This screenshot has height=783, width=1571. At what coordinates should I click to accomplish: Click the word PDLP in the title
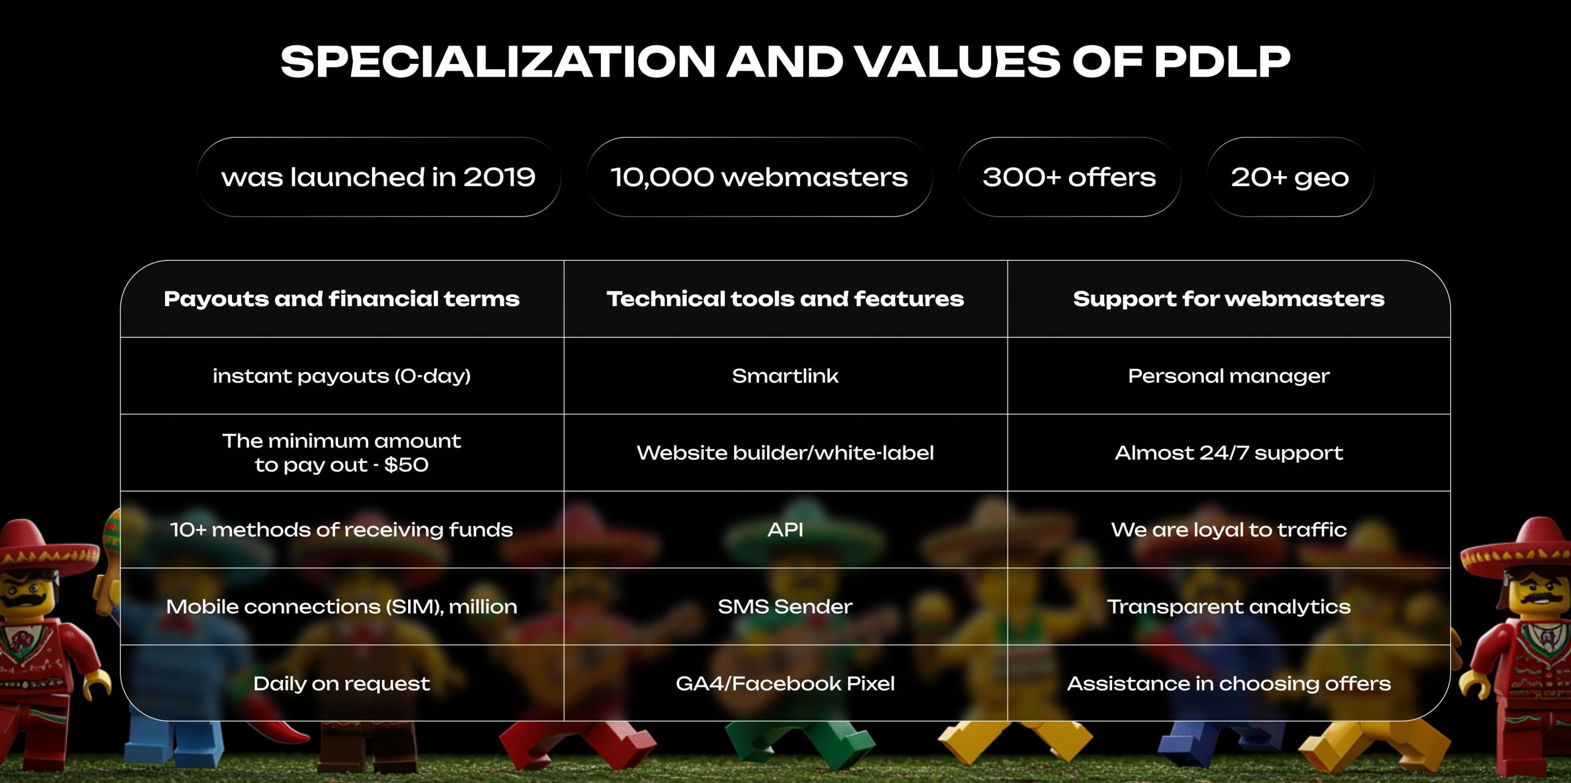pos(1222,62)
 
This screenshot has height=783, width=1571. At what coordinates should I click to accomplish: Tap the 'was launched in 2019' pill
pos(379,177)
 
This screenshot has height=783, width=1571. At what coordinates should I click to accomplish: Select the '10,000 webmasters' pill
pos(759,177)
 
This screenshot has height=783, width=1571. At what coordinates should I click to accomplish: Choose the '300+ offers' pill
pos(1069,177)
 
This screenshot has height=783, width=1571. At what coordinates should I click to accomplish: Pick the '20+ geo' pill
pos(1290,177)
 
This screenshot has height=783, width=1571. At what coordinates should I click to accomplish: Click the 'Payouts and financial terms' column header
pos(342,299)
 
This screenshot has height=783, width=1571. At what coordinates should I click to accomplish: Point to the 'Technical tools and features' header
pos(785,299)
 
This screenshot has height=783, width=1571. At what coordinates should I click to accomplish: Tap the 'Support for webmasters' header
pos(1229,299)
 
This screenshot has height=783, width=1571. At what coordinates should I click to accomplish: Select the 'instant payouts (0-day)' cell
pos(342,376)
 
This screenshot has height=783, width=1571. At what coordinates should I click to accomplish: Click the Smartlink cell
pos(785,376)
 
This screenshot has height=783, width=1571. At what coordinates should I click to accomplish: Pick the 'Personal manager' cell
pos(1229,376)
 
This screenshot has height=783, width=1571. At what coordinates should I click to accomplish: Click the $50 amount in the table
pos(406,465)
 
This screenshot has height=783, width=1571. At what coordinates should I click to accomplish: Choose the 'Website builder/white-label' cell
pos(785,453)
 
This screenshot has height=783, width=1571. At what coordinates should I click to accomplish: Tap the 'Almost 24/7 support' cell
pos(1229,453)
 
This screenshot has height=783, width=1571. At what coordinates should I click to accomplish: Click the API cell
pos(785,530)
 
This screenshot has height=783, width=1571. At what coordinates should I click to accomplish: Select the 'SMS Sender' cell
pos(785,606)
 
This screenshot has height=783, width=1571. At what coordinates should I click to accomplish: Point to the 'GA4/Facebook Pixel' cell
pos(785,683)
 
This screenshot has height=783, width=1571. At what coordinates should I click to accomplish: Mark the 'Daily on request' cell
pos(342,683)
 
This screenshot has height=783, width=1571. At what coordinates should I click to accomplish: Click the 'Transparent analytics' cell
pos(1229,606)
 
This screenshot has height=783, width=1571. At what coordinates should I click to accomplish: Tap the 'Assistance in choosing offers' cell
pos(1229,683)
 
